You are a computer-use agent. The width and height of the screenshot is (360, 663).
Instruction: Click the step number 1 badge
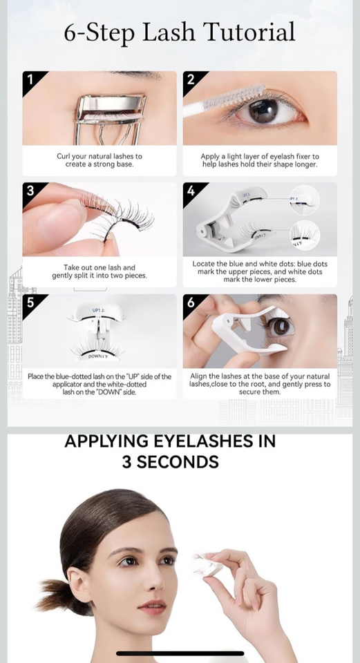click(30, 79)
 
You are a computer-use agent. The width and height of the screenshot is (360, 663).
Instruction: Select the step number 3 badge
click(30, 191)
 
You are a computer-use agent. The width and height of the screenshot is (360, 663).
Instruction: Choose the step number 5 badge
click(30, 302)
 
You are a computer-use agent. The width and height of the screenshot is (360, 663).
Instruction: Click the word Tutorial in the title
click(249, 32)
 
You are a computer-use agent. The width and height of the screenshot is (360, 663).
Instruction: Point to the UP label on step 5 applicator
click(96, 311)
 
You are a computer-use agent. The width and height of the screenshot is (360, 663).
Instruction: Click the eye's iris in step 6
click(279, 327)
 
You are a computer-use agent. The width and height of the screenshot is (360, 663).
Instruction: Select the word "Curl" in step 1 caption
click(63, 157)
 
